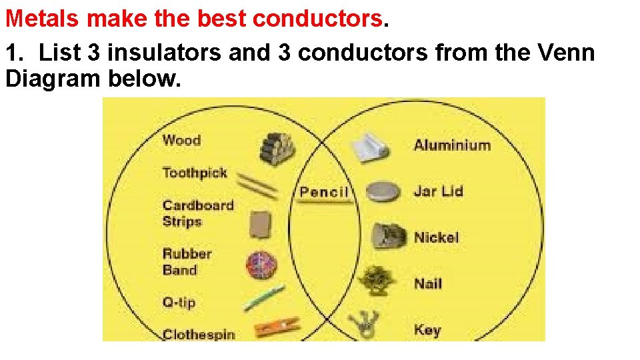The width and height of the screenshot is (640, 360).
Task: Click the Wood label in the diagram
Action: coord(181,140)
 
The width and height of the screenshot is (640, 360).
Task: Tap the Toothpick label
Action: coord(195,173)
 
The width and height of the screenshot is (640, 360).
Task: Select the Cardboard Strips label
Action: coord(198,213)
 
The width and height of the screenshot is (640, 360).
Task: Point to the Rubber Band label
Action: coord(187,261)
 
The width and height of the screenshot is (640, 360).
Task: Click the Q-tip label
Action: coord(179,302)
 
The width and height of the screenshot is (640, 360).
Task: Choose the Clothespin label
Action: coord(199,334)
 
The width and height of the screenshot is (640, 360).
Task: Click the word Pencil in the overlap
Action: coord(324,193)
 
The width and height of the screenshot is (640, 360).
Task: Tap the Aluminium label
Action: coord(452,145)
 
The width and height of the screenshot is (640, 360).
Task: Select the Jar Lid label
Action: coord(438,191)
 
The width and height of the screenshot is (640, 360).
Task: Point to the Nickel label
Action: coord(436,237)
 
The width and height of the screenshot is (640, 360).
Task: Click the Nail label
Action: coord(428,283)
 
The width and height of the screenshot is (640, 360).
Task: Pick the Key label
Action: coord(427,329)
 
